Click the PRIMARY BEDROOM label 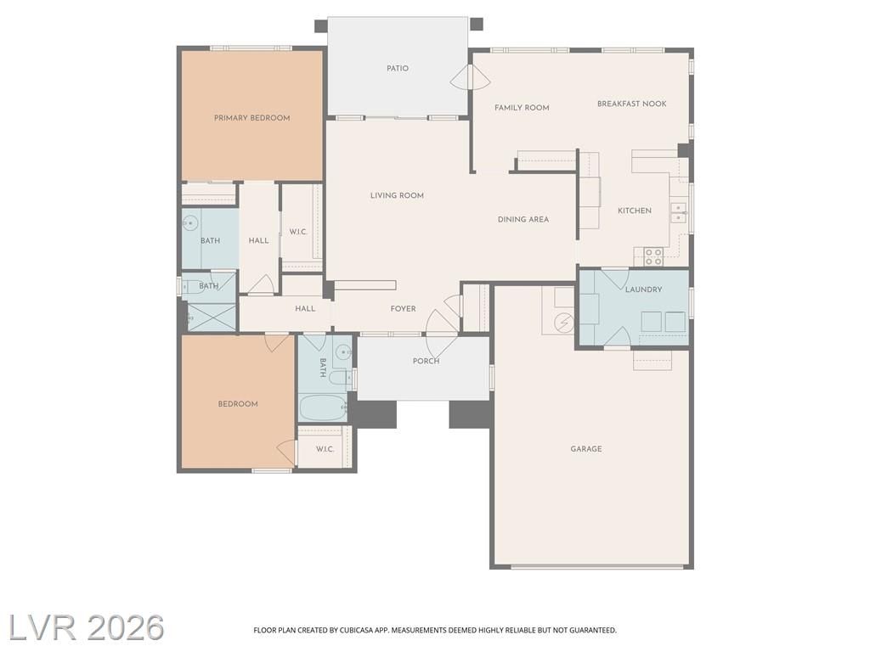click(x=251, y=117)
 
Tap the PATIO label click(x=398, y=68)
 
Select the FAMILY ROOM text click(x=523, y=108)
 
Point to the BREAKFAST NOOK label click(x=632, y=104)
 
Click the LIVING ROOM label click(x=398, y=195)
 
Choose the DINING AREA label click(x=523, y=220)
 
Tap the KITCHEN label click(x=635, y=211)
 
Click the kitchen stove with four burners click(x=653, y=256)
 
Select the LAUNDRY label click(x=644, y=289)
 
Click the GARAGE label click(x=586, y=449)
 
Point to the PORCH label click(x=427, y=361)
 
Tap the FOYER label click(x=404, y=309)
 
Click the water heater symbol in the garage click(x=564, y=322)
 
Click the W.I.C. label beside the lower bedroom click(x=325, y=449)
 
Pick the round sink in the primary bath click(x=190, y=223)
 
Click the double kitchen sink click(x=678, y=212)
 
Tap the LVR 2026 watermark click(x=86, y=627)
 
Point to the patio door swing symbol click(x=469, y=77)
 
